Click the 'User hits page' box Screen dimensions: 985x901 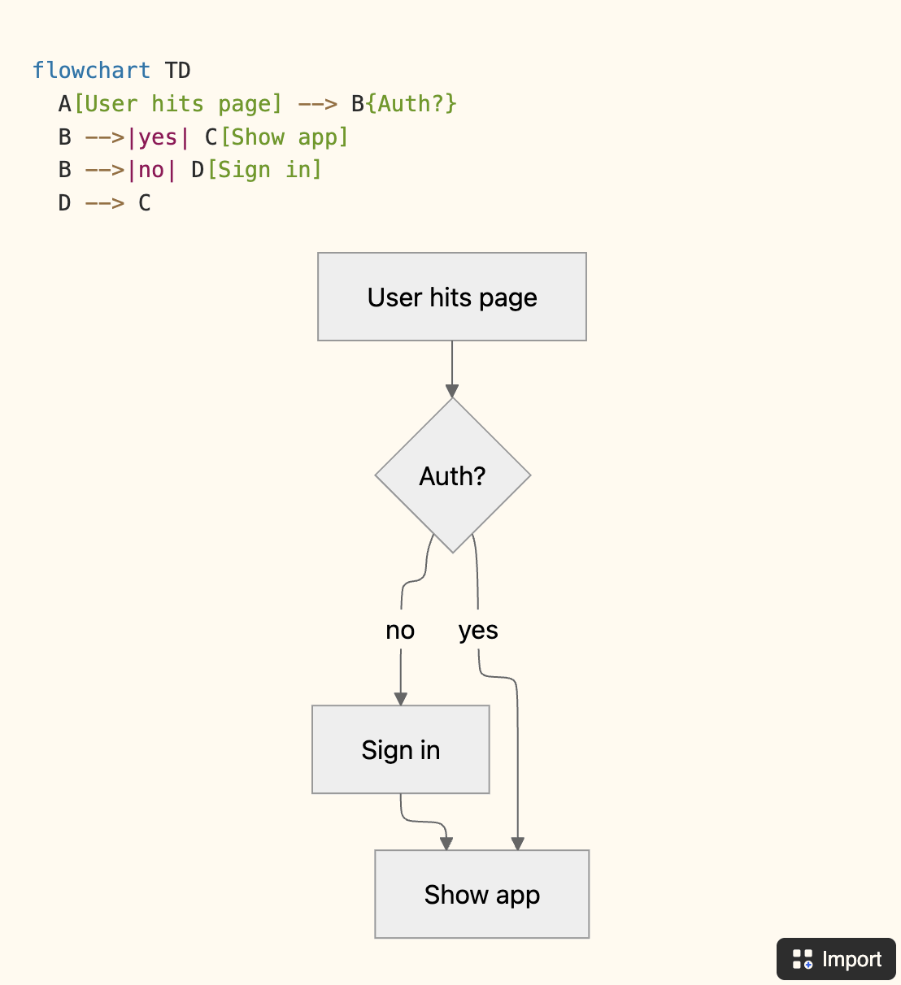pyautogui.click(x=451, y=297)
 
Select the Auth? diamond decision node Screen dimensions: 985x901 pyautogui.click(x=452, y=475)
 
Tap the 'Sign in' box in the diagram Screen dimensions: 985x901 pyautogui.click(x=400, y=749)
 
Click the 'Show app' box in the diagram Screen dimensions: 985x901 pyautogui.click(x=481, y=894)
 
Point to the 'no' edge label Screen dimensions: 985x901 pyautogui.click(x=400, y=631)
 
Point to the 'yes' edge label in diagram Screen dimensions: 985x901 pyautogui.click(x=478, y=631)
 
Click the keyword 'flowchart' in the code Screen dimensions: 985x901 pyautogui.click(x=91, y=71)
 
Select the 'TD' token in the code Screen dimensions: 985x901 pyautogui.click(x=177, y=71)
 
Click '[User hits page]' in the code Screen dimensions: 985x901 pyautogui.click(x=177, y=104)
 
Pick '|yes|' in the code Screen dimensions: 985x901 pyautogui.click(x=158, y=137)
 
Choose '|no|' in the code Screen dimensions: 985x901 pyautogui.click(x=151, y=170)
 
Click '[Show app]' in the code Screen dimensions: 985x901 pyautogui.click(x=284, y=137)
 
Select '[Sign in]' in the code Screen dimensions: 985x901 pyautogui.click(x=264, y=170)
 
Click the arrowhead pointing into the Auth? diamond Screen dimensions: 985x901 pyautogui.click(x=452, y=391)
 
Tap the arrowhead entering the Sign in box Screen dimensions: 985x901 pyautogui.click(x=401, y=699)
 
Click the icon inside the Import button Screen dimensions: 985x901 pyautogui.click(x=803, y=959)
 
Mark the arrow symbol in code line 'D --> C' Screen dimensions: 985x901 pyautogui.click(x=105, y=203)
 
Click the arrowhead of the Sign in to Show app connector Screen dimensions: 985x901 pyautogui.click(x=446, y=844)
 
